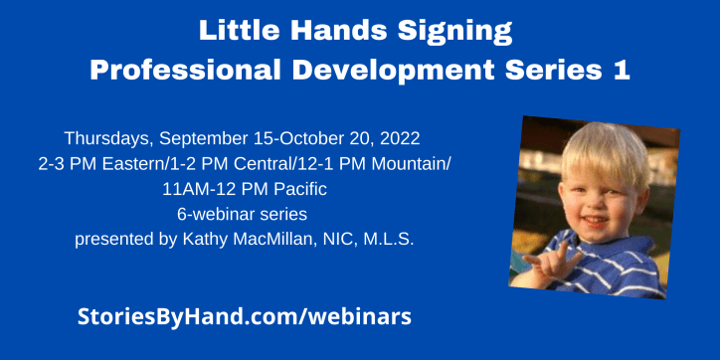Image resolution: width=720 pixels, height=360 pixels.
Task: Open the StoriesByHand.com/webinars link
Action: (x=245, y=317)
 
